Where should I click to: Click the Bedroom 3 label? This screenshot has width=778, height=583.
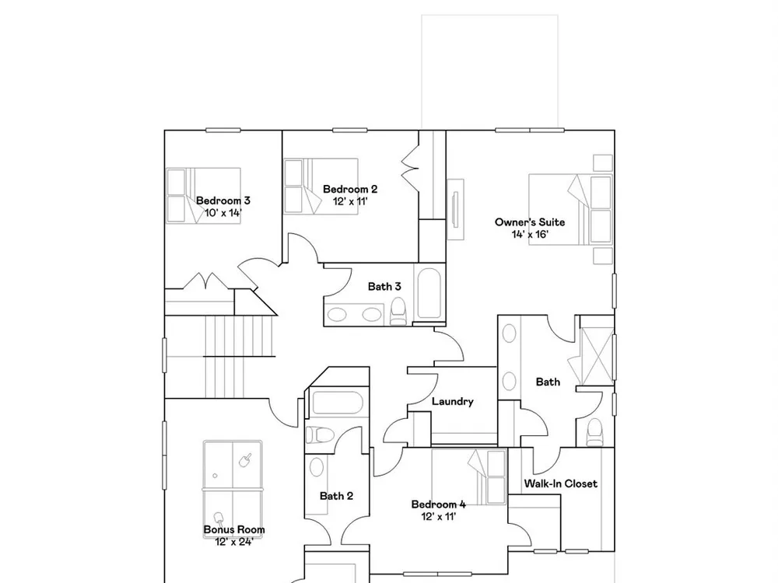point(223,201)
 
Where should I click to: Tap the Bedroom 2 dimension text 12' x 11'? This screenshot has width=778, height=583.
point(350,201)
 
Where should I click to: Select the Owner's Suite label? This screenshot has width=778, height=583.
point(530,222)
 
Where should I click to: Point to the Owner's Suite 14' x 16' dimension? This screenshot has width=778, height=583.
point(530,234)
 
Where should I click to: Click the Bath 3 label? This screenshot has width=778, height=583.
point(384,287)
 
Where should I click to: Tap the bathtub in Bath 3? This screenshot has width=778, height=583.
point(429,294)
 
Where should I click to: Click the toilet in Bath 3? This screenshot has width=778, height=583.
point(398,312)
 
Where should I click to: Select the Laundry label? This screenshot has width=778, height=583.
point(453,402)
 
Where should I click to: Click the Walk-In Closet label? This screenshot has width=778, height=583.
point(561,484)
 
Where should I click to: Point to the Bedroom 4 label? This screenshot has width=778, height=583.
point(439,504)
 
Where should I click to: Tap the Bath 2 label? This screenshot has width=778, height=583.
point(336,496)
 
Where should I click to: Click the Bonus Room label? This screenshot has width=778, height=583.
point(234,529)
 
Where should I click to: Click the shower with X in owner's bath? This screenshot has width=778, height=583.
point(598,356)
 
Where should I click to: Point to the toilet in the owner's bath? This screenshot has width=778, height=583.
point(594,432)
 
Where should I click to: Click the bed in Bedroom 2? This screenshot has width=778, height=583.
point(321,187)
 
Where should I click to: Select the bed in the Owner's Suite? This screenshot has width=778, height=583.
point(570,209)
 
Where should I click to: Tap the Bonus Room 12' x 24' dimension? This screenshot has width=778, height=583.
point(234,542)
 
